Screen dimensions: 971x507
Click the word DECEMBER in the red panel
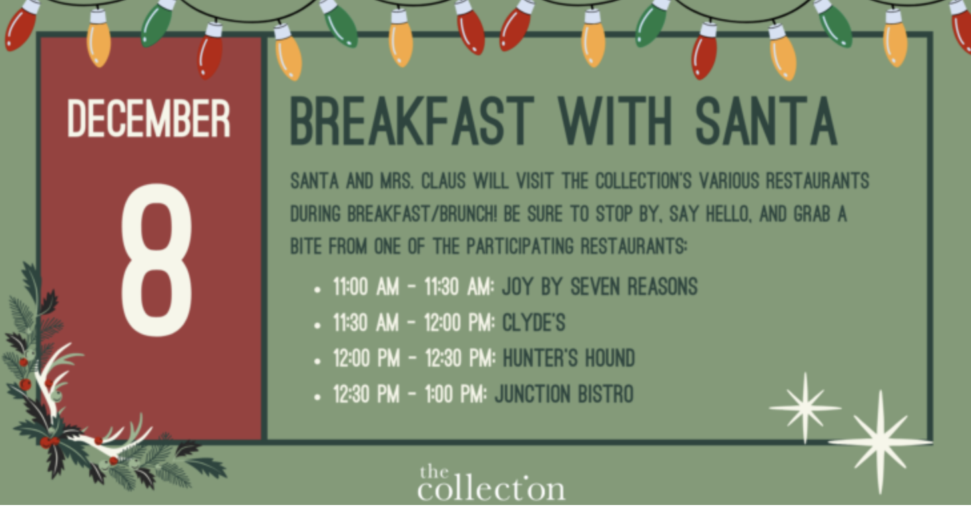coord(149,118)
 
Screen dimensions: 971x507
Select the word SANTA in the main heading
coord(767,121)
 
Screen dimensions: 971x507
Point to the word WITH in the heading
coord(615,121)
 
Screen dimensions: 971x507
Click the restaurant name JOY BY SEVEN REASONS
coord(599,287)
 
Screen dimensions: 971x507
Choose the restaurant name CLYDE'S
coord(533,323)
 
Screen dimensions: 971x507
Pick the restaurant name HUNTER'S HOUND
coord(569,359)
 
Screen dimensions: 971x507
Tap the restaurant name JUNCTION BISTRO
coord(564,394)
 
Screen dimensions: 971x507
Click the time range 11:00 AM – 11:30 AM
coord(414,287)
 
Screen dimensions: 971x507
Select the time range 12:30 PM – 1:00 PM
coord(410,394)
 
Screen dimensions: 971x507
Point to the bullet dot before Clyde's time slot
coord(317,325)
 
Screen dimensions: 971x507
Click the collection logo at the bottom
coord(491,484)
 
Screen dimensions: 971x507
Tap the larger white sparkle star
coord(880,442)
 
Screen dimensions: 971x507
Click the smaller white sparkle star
coord(805,408)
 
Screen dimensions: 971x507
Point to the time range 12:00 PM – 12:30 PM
coord(414,359)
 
